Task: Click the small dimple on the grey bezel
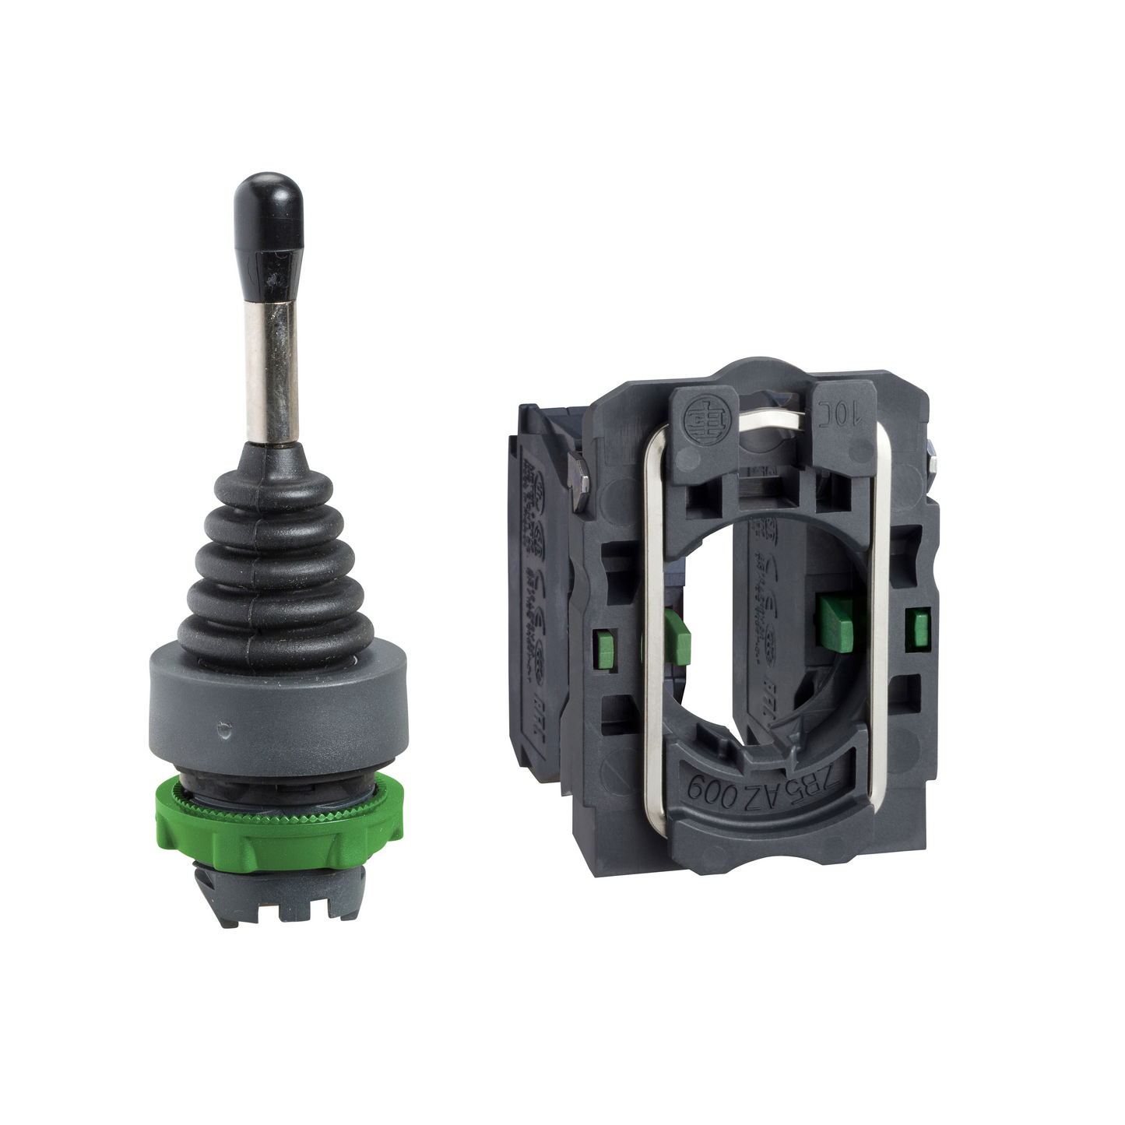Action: pyautogui.click(x=225, y=731)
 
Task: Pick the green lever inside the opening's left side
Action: pyautogui.click(x=677, y=635)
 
